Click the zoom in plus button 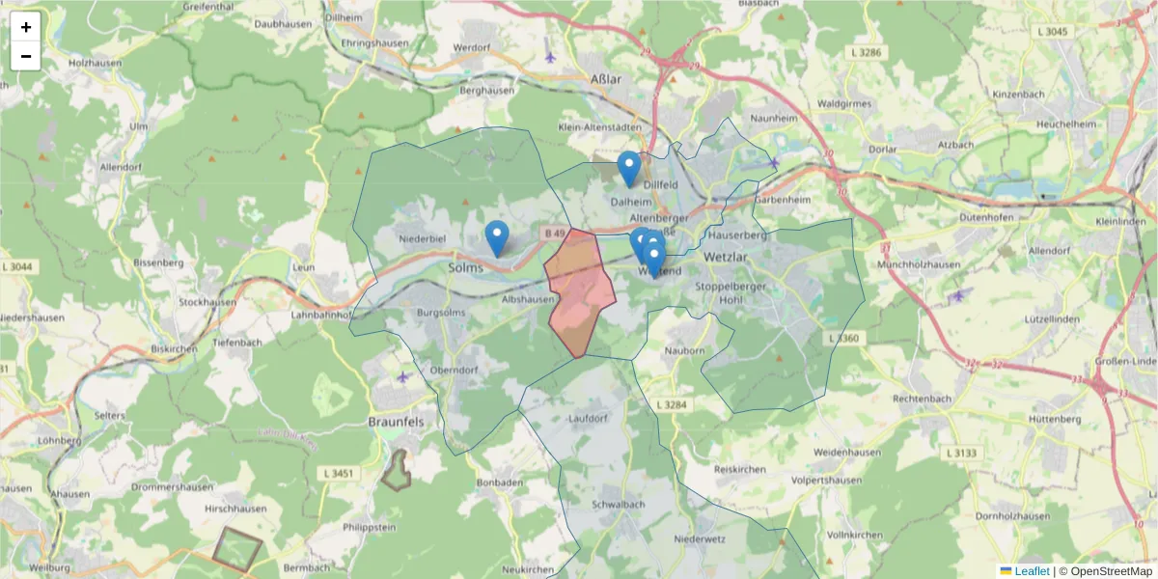click(x=26, y=27)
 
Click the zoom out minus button click(x=26, y=56)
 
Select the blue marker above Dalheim click(x=629, y=168)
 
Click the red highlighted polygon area click(x=579, y=289)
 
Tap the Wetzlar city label click(x=727, y=258)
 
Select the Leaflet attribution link click(x=1032, y=571)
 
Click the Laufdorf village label click(x=590, y=418)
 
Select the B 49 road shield click(x=554, y=233)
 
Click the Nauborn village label click(x=686, y=350)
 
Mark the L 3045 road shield click(x=1056, y=32)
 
